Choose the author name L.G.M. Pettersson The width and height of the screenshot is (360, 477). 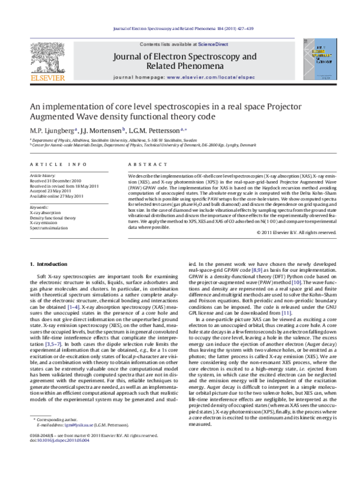coord(157,130)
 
